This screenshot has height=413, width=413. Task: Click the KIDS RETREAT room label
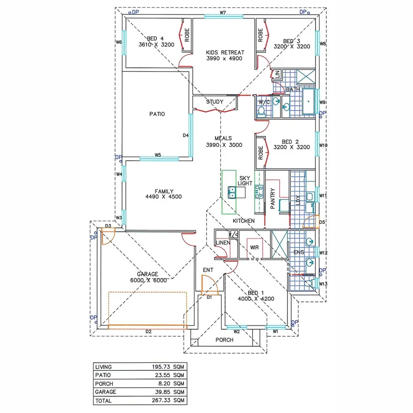click(224, 55)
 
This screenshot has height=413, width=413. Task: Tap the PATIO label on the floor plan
click(157, 114)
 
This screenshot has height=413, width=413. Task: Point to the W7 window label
click(223, 12)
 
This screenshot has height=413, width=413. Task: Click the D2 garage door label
click(148, 331)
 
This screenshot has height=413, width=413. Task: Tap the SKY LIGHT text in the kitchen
click(245, 180)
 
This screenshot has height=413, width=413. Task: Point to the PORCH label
click(224, 340)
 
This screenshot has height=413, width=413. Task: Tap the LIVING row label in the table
click(103, 367)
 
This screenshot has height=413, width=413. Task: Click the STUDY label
click(214, 102)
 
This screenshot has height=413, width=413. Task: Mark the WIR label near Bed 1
click(254, 247)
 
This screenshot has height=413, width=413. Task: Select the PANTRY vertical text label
click(273, 199)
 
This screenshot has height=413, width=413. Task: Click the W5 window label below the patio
click(158, 155)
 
